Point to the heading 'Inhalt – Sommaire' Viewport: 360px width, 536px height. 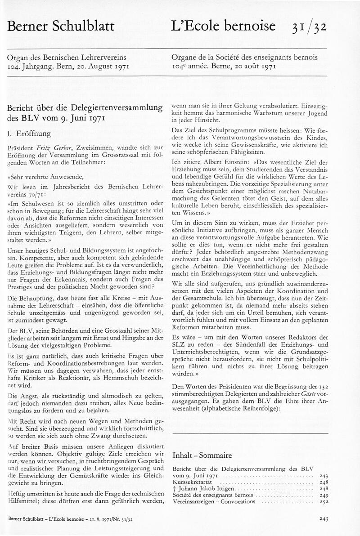pos(202,455)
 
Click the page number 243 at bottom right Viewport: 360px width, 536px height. pos(324,518)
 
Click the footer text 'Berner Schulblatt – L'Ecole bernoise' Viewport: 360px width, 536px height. pos(47,519)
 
